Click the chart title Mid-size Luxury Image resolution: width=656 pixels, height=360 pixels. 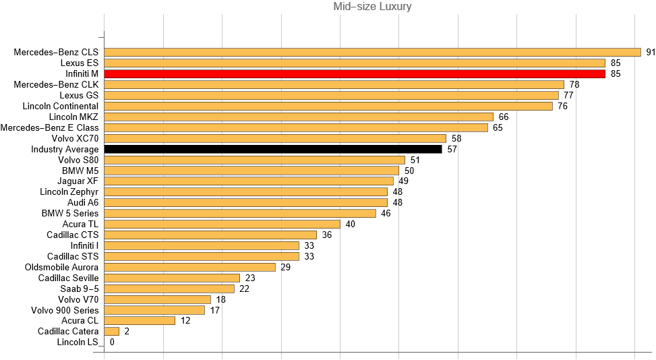pos(373,7)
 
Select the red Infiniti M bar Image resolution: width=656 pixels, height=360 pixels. pos(355,73)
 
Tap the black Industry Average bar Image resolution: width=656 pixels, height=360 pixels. pos(273,149)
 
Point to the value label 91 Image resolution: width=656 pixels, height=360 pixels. pos(651,52)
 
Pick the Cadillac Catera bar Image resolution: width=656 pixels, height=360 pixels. pos(112,332)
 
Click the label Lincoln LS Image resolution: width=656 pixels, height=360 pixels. pos(78,342)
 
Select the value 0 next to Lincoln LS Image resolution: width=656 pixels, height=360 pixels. pos(112,342)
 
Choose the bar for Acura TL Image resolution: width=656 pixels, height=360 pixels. pos(222,224)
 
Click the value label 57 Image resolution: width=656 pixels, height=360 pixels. pos(452,149)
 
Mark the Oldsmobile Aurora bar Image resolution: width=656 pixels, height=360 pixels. pos(190,267)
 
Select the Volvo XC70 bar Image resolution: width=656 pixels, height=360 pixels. pos(275,138)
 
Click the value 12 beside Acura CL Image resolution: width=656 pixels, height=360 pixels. pos(185,321)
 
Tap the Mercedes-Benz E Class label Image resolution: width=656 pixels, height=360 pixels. pos(50,127)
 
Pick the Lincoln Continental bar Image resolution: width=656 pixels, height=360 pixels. pos(328,106)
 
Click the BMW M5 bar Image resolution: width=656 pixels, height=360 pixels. pos(251,171)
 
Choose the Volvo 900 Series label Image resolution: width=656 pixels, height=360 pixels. pos(65,310)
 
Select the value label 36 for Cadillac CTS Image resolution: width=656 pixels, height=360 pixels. pos(327,235)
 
